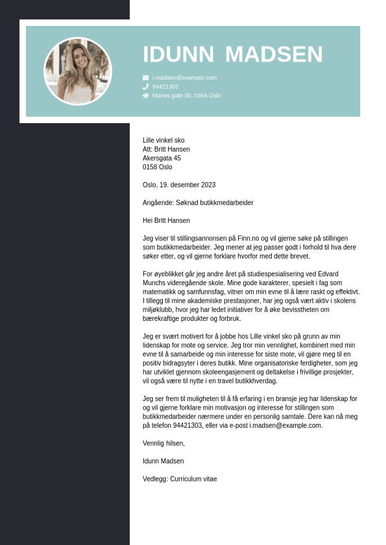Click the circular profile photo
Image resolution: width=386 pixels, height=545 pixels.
click(x=78, y=71)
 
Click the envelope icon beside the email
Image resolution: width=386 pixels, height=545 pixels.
click(x=146, y=78)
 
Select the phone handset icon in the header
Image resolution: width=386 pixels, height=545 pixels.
click(x=146, y=86)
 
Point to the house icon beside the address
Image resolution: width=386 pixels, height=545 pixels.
click(x=146, y=95)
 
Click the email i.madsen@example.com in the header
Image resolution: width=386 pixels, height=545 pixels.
click(x=184, y=78)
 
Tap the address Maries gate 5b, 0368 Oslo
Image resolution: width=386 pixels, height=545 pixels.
click(x=186, y=95)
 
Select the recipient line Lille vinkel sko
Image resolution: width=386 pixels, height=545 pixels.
click(x=163, y=140)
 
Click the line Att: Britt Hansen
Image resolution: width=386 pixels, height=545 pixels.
click(x=166, y=149)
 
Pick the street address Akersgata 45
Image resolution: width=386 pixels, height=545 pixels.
click(x=162, y=158)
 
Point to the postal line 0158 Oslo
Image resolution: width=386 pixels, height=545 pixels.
click(x=158, y=167)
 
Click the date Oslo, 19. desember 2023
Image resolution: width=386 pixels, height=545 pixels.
click(x=179, y=185)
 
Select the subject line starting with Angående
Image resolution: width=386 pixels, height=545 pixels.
click(x=198, y=203)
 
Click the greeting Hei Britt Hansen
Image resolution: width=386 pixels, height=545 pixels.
click(x=166, y=220)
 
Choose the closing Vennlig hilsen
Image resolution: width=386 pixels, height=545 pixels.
click(x=163, y=443)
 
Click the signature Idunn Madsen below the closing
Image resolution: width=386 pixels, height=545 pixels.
click(x=163, y=461)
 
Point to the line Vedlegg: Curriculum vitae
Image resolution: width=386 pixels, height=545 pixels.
click(x=180, y=479)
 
